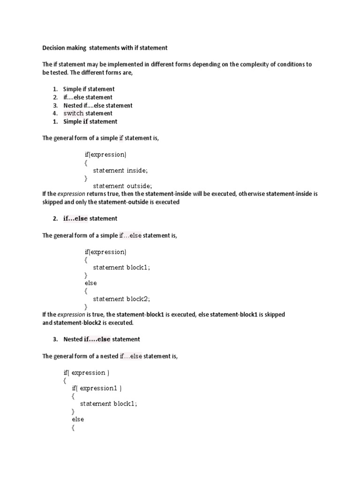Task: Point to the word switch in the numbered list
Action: pyautogui.click(x=74, y=113)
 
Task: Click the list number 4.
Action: pyautogui.click(x=54, y=113)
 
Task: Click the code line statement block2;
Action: pyautogui.click(x=121, y=299)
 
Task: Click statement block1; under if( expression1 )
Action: pyautogui.click(x=109, y=404)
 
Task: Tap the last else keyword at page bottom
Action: pyautogui.click(x=77, y=420)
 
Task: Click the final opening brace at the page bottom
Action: pyautogui.click(x=73, y=427)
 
